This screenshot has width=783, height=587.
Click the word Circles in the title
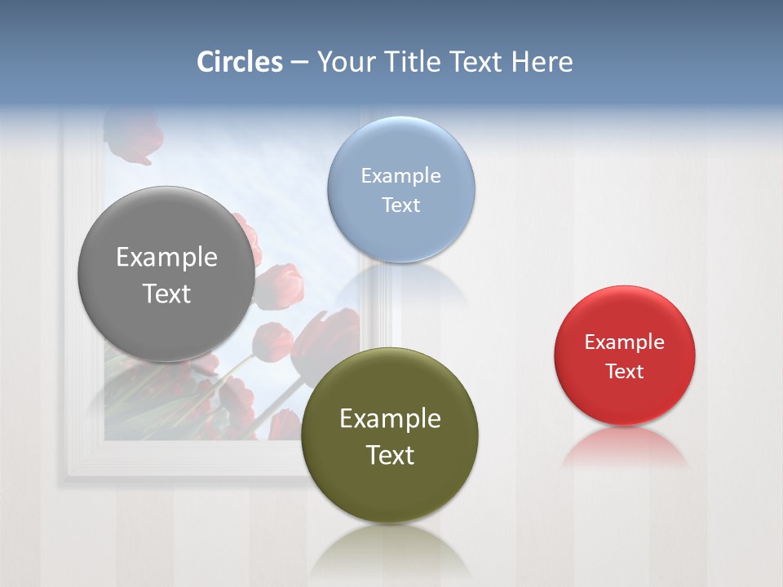[x=240, y=62]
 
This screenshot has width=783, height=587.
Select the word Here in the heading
[x=542, y=62]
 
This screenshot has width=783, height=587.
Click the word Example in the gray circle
[x=166, y=258]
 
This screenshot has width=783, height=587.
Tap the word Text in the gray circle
[x=166, y=293]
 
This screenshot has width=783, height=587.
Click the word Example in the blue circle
[x=401, y=175]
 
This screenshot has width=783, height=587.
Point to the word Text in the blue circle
[x=401, y=205]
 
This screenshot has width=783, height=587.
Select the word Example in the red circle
[x=625, y=342]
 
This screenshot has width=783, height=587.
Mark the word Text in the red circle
[x=625, y=371]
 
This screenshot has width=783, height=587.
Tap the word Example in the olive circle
[x=390, y=419]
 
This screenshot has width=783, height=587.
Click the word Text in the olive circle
[x=390, y=455]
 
